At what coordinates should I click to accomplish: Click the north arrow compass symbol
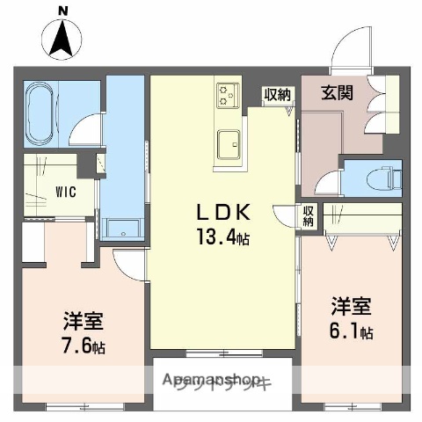click(62, 40)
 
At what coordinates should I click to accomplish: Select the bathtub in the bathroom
click(40, 114)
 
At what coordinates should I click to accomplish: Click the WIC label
click(40, 188)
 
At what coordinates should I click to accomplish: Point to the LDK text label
click(223, 214)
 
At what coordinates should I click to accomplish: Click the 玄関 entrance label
click(337, 91)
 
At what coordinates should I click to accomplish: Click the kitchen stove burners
click(228, 93)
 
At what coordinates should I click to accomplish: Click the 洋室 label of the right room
click(351, 308)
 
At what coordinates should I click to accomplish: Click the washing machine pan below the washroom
click(123, 227)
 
